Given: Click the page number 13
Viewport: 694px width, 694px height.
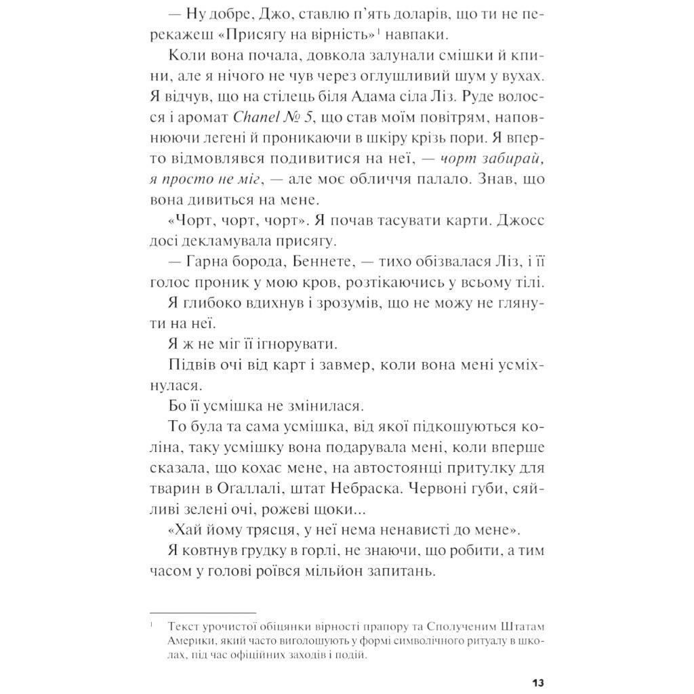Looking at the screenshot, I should point(538,681).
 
